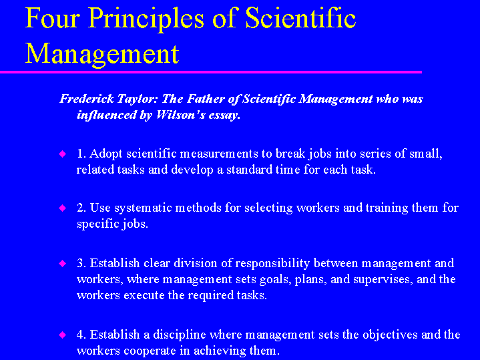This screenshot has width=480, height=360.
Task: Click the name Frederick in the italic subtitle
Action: click(85, 99)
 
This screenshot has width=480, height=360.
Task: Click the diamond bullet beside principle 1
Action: click(63, 154)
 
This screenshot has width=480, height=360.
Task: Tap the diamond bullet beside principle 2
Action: click(63, 208)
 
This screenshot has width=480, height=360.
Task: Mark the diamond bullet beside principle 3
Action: click(63, 263)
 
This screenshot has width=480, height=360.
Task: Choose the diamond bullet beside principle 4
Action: click(63, 334)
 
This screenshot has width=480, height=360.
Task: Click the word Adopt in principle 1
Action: click(104, 154)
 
